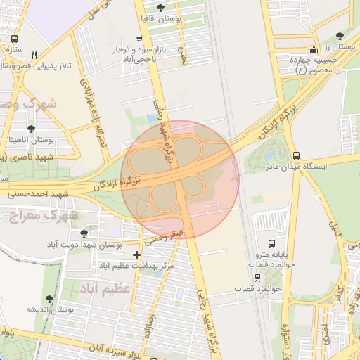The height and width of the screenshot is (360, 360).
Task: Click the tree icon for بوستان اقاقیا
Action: click(x=161, y=7)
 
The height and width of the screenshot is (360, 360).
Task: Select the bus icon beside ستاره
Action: click(x=15, y=39)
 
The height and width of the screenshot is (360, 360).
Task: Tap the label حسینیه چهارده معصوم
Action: click(x=316, y=65)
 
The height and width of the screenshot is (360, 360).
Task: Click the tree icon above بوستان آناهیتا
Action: click(x=31, y=129)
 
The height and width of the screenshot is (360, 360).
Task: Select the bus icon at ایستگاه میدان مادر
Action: click(x=296, y=155)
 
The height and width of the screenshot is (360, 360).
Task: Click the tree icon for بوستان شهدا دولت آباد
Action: click(x=84, y=232)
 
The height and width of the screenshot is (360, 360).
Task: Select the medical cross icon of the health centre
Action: click(x=136, y=254)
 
